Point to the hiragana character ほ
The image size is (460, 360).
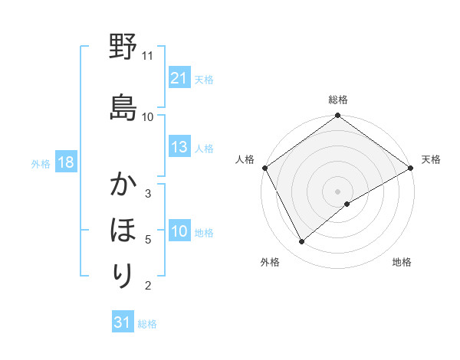[123, 229]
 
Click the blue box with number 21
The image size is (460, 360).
[179, 77]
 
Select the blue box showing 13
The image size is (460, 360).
[179, 147]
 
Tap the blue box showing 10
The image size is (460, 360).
[179, 232]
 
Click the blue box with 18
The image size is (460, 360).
[65, 162]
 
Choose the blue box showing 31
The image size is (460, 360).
[123, 322]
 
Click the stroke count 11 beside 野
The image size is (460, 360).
[148, 56]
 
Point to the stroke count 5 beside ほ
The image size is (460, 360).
[148, 240]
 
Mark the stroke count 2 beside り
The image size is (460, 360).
[148, 286]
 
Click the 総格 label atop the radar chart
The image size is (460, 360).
[338, 100]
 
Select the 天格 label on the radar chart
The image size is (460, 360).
[431, 159]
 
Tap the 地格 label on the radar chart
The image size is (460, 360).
[402, 262]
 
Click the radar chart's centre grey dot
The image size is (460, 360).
[337, 190]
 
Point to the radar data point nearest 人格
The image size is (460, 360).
[264, 167]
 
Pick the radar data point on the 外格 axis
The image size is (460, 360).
[302, 241]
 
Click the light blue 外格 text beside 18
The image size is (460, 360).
[41, 163]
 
